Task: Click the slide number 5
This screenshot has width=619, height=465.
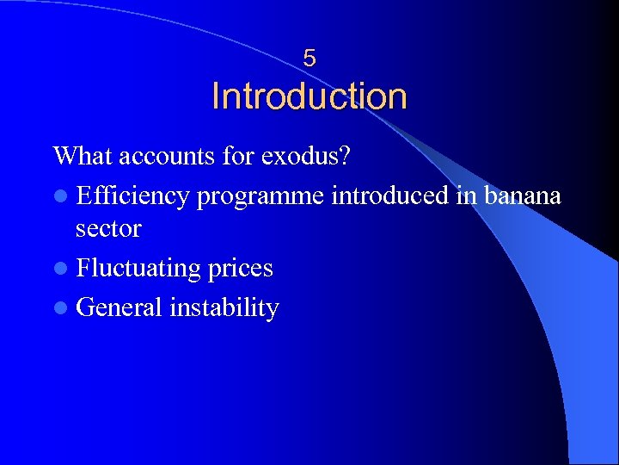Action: pyautogui.click(x=309, y=59)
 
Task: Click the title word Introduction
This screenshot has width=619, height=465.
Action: pyautogui.click(x=309, y=96)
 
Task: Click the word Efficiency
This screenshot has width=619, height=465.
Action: pyautogui.click(x=132, y=195)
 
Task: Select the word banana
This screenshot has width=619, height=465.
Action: pyautogui.click(x=522, y=195)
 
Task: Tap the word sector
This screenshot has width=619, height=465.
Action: pyautogui.click(x=108, y=229)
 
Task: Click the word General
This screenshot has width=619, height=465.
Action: pyautogui.click(x=120, y=307)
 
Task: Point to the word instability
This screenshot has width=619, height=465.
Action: pyautogui.click(x=224, y=308)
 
